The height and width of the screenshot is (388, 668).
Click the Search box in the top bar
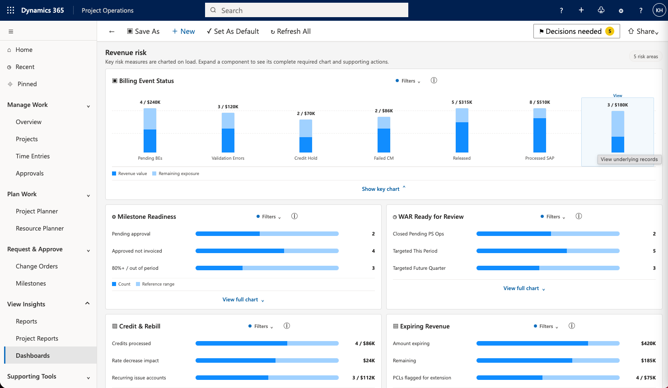[x=306, y=10]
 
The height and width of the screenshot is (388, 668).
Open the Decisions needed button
[x=576, y=31]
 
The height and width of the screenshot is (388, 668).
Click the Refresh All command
[x=290, y=31]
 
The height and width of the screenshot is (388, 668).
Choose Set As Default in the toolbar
[x=233, y=31]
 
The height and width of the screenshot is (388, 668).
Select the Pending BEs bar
[x=150, y=130]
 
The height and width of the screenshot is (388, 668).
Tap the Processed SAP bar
[x=539, y=130]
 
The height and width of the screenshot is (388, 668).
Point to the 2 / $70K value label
[x=306, y=113]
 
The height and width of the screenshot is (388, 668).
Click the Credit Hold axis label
[x=306, y=158]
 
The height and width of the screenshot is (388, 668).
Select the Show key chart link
[x=383, y=189]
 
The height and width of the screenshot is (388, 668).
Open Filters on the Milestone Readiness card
[x=268, y=217]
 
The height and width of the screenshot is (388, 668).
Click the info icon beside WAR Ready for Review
[x=579, y=217]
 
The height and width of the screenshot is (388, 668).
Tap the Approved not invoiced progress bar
[x=267, y=251]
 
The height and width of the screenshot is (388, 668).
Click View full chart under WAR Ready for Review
[x=524, y=288]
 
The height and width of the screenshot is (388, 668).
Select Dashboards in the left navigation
[x=33, y=355]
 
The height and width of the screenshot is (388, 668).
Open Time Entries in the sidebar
[x=33, y=156]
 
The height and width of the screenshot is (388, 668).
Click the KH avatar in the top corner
[x=659, y=10]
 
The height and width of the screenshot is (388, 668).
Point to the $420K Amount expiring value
[x=648, y=343]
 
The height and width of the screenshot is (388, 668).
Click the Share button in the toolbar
[x=643, y=31]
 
